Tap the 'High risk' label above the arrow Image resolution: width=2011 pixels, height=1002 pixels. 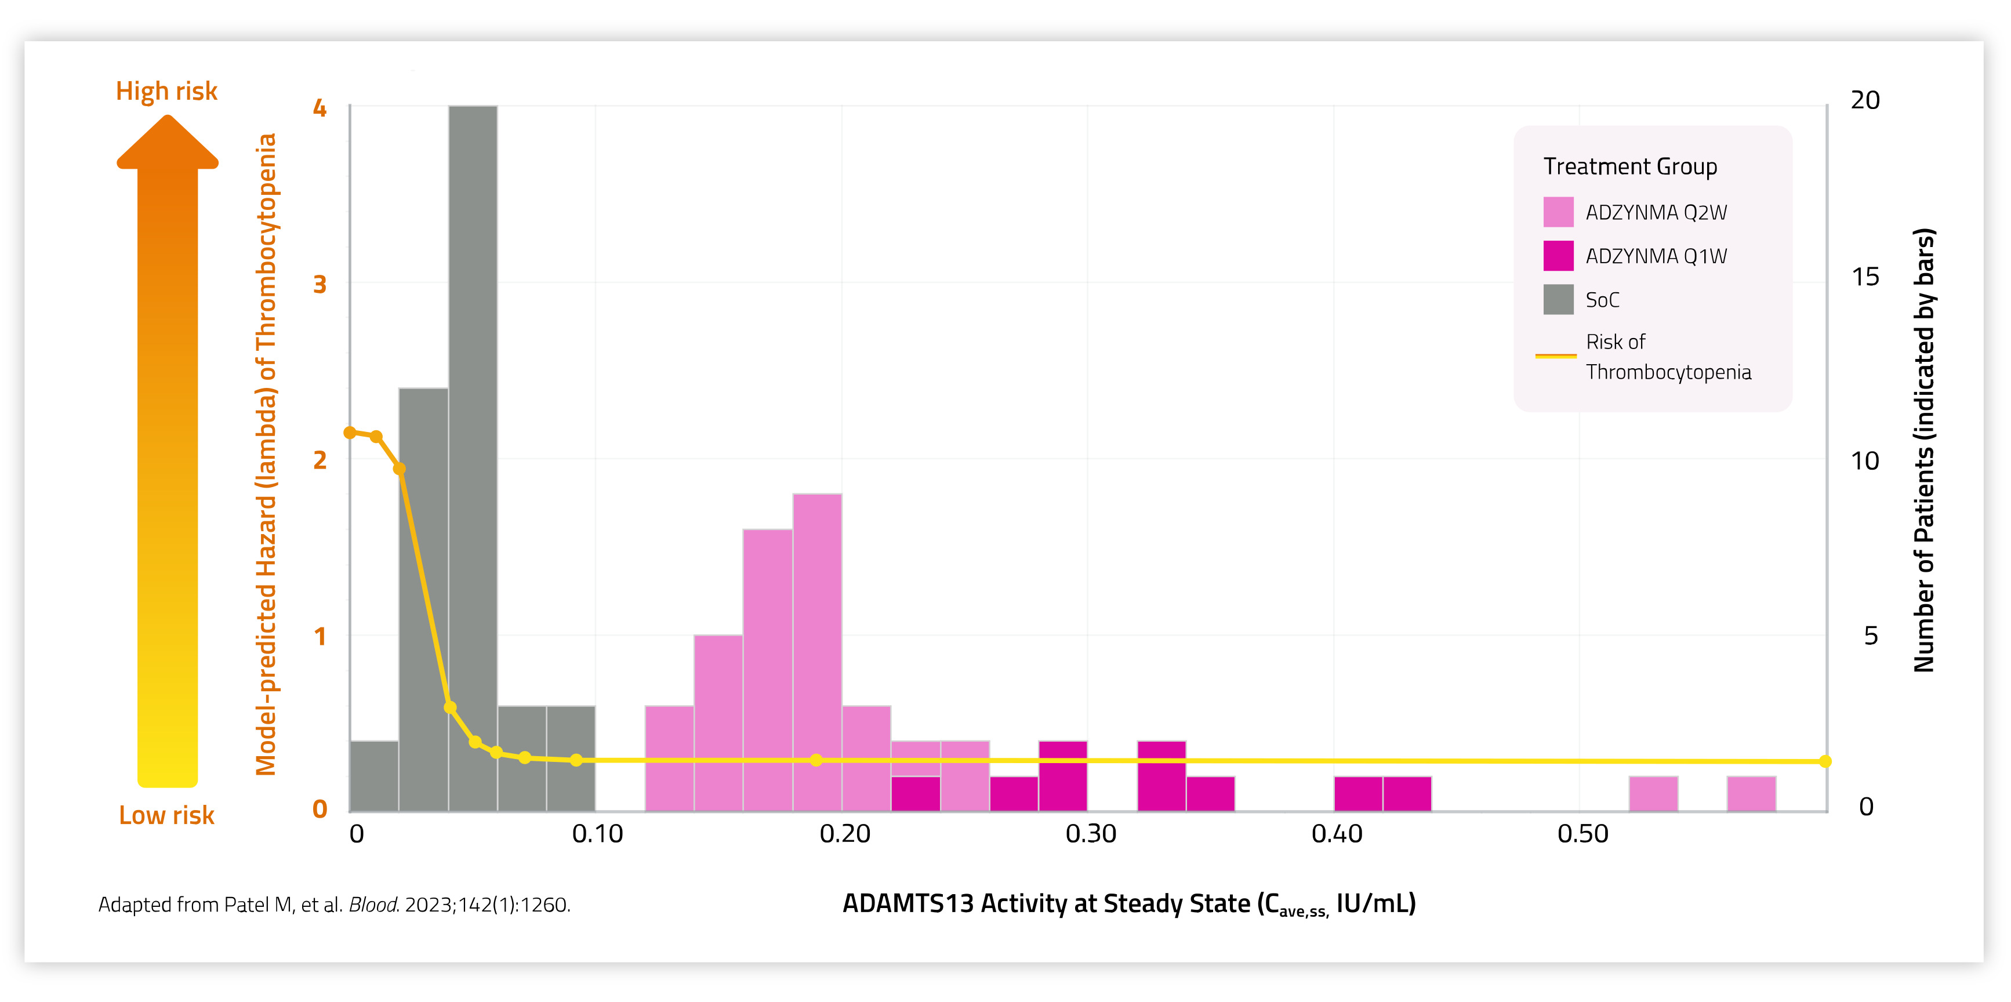tap(166, 91)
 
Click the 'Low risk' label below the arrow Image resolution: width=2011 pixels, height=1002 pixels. tap(166, 815)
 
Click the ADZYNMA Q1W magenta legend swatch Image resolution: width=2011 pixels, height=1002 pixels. tap(1558, 256)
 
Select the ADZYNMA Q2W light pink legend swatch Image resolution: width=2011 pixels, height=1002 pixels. tap(1558, 212)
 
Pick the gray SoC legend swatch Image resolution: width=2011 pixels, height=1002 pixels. tap(1558, 300)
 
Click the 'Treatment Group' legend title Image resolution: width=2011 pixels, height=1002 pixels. tap(1630, 166)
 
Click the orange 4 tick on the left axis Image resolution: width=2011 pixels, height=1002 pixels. tap(320, 108)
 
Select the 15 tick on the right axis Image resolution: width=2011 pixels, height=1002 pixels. tap(1865, 277)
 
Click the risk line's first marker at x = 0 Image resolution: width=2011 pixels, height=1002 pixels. tap(350, 433)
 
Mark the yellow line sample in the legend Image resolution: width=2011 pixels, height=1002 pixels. tap(1555, 356)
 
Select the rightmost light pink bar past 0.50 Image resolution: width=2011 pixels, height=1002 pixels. tap(1751, 794)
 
